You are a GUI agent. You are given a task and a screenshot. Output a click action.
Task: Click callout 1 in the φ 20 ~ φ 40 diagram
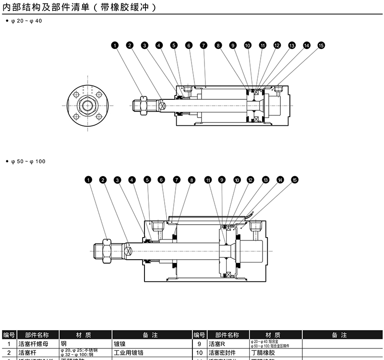tap(114, 46)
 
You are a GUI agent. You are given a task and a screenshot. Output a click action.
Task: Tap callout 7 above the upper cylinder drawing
tap(204, 46)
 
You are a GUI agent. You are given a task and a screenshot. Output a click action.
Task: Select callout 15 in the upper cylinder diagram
tap(321, 46)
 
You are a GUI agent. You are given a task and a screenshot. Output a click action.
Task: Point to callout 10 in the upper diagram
tap(248, 46)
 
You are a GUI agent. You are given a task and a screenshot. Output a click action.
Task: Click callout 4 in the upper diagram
tap(159, 46)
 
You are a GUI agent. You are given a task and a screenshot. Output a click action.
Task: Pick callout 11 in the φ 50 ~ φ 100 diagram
tap(208, 180)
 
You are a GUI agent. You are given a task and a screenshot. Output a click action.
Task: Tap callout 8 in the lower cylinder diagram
tap(192, 180)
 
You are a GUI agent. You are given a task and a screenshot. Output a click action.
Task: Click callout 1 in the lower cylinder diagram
tap(88, 180)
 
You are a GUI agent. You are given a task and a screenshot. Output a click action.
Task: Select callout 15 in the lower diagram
tap(295, 180)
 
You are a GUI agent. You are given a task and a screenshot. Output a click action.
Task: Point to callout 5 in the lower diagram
tap(147, 180)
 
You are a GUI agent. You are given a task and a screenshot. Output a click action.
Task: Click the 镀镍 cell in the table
tap(120, 344)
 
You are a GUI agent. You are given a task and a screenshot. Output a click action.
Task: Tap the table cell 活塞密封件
tap(225, 353)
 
